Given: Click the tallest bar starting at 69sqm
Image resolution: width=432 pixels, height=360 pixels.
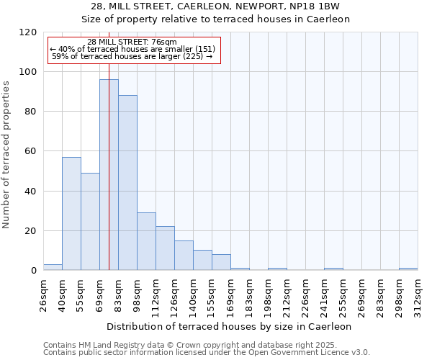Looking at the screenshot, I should (x=109, y=175).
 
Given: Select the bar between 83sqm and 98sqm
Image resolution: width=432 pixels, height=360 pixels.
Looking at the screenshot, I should (x=127, y=183).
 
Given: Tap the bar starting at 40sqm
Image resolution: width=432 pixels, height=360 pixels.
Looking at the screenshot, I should (x=71, y=214).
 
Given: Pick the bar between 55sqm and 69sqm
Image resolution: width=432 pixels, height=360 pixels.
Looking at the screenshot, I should (x=90, y=222).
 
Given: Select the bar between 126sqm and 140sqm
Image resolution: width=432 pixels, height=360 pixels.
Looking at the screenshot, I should (x=184, y=256).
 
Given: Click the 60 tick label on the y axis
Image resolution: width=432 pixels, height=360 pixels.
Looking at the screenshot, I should (x=30, y=151).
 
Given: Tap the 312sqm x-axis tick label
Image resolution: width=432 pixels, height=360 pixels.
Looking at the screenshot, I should (x=418, y=295).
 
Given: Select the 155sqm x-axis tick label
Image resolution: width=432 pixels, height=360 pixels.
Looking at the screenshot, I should (x=212, y=295).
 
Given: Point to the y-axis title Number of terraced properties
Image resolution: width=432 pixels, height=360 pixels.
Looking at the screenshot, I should (x=6, y=155).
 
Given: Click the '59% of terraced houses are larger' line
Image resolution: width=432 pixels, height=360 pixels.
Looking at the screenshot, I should (x=132, y=56).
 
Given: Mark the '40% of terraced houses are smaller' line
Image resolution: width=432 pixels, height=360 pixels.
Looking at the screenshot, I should (x=132, y=49).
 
